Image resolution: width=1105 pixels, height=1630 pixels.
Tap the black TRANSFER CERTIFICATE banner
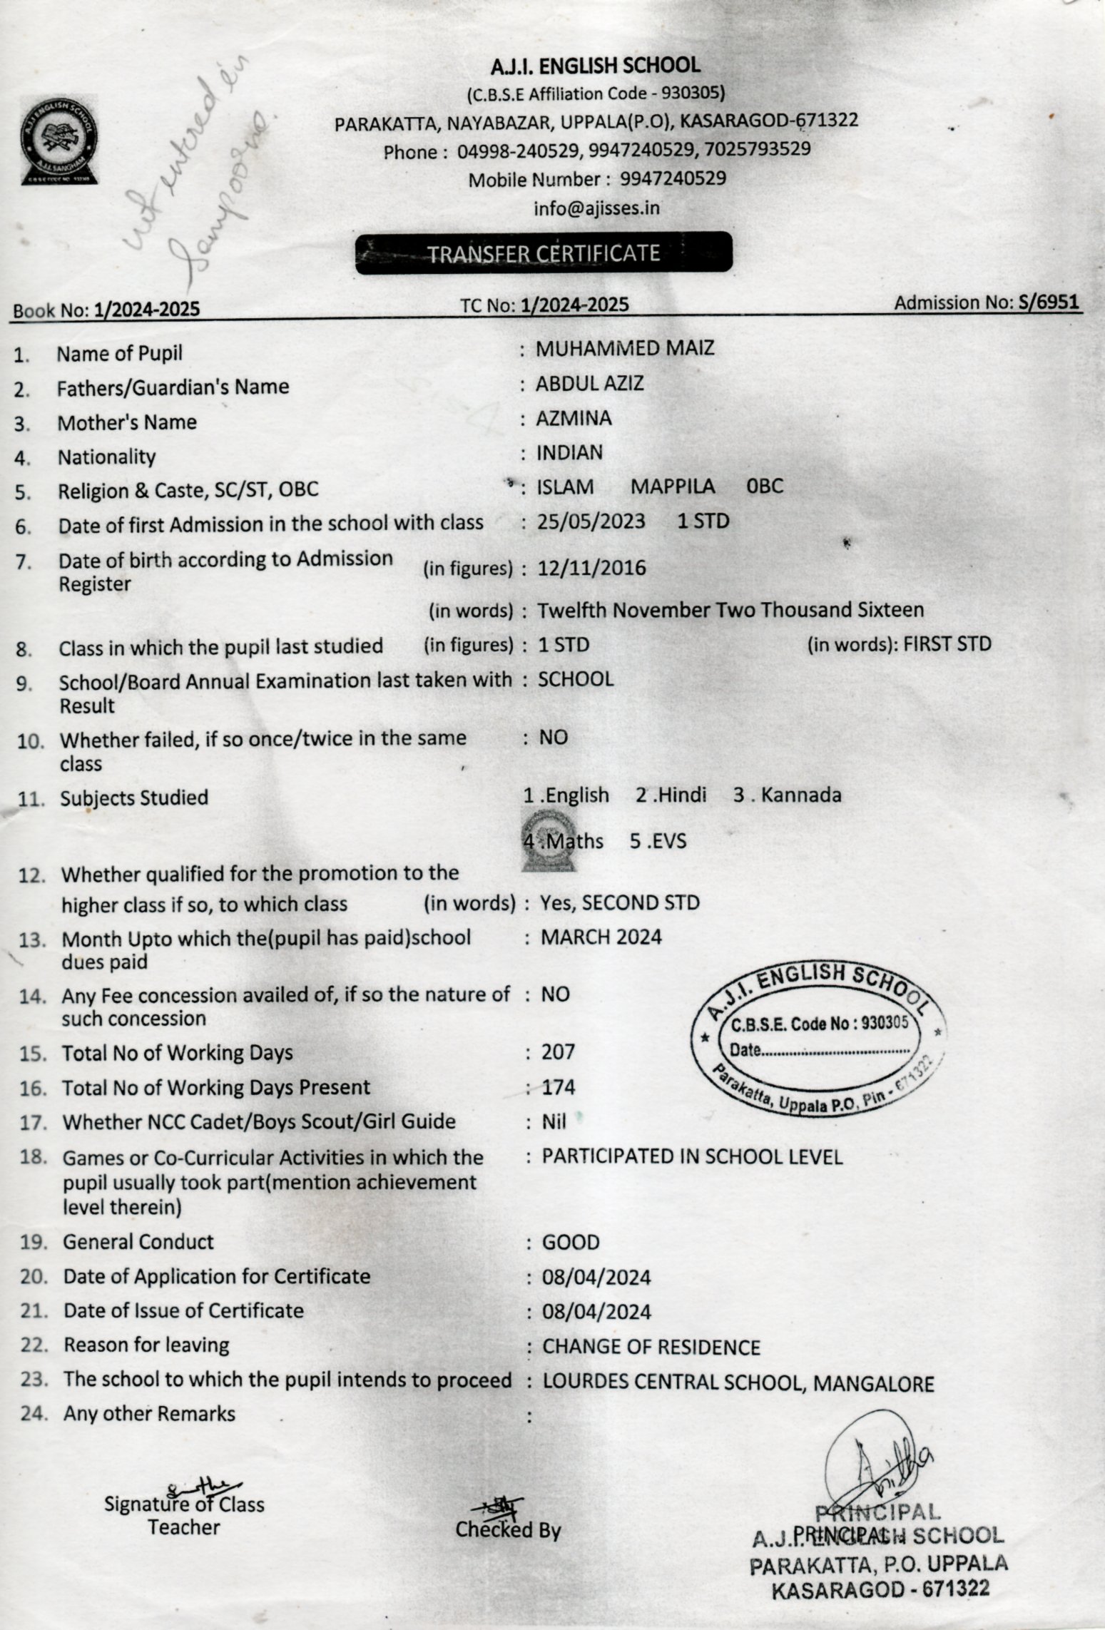[544, 253]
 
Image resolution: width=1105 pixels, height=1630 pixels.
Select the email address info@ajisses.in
[596, 208]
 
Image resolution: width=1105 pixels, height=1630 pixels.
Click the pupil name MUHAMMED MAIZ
[625, 348]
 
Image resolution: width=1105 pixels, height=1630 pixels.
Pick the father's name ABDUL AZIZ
[590, 384]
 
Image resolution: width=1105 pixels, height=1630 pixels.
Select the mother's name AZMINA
[574, 418]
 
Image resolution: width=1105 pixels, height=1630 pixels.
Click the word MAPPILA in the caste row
[672, 487]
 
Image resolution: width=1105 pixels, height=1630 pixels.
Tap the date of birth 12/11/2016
[591, 569]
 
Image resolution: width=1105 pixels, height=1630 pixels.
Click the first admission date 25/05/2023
[591, 521]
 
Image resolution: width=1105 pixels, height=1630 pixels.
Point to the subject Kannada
[800, 795]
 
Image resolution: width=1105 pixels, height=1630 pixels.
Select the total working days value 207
[558, 1052]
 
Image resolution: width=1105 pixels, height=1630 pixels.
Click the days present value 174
[558, 1087]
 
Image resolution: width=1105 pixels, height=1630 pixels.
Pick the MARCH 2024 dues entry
[601, 937]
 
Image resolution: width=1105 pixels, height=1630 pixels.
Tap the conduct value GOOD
[571, 1243]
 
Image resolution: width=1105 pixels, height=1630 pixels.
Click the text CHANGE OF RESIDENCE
[651, 1347]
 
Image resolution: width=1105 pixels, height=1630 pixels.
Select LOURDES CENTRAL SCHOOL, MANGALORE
[738, 1382]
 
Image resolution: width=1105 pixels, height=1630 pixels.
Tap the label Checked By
[508, 1529]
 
